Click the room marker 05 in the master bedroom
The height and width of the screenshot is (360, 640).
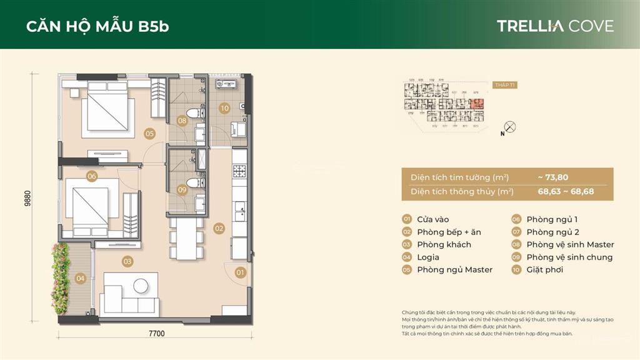149,132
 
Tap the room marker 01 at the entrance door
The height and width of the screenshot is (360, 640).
241,272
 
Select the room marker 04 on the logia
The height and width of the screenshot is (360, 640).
80,278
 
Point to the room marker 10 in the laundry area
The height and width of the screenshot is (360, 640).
224,107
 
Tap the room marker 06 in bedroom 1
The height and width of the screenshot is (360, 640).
92,176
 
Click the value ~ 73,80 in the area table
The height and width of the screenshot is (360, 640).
552,177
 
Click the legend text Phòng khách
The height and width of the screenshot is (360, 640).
444,244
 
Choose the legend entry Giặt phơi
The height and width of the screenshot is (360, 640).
544,269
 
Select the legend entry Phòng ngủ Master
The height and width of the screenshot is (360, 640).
454,269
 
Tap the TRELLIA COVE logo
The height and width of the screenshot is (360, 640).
555,26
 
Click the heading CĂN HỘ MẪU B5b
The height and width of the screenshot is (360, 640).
97,26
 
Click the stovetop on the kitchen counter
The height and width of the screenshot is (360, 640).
239,170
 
